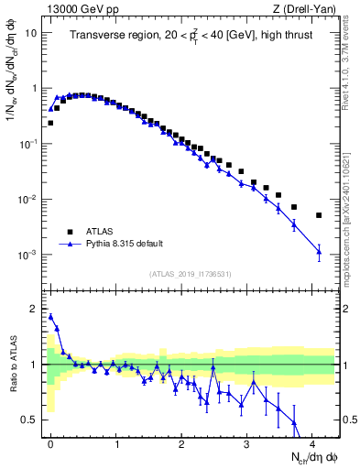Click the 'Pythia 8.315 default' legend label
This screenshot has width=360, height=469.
tap(127, 245)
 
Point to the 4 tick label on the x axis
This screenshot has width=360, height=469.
tap(313, 443)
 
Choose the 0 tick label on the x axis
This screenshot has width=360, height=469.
tap(50, 443)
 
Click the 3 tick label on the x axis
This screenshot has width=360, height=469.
tap(247, 443)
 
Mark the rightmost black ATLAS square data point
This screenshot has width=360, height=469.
tap(319, 215)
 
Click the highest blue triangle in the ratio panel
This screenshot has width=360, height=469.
tap(50, 316)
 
